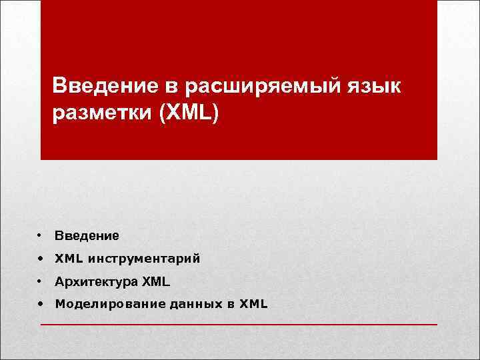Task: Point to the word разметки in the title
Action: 102,112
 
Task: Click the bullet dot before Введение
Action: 41,235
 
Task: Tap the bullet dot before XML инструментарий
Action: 41,259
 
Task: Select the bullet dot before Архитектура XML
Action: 41,282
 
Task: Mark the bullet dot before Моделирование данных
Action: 41,305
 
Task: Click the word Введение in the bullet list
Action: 87,235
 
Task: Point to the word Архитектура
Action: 96,282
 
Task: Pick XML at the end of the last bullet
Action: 253,305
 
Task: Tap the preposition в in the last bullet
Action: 230,305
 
